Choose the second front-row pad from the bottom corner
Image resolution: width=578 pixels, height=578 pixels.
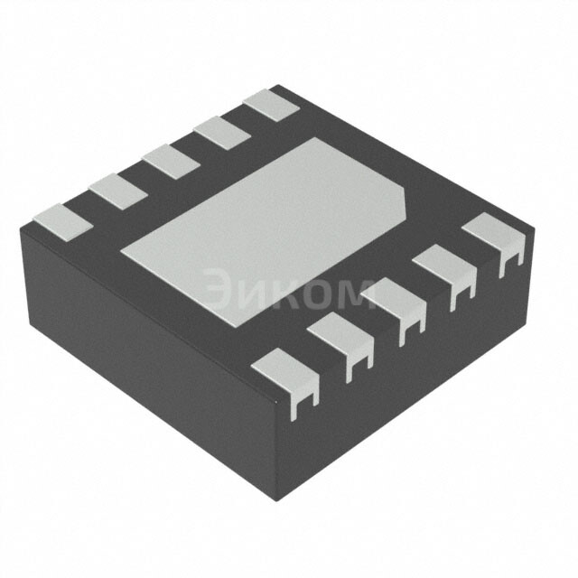[x=341, y=337]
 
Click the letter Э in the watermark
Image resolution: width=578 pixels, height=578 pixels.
[x=219, y=291]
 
